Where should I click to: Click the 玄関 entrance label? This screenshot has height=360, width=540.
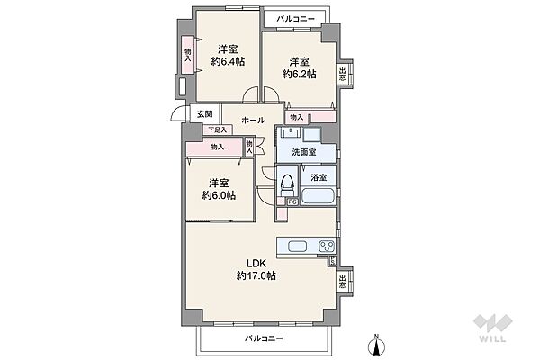(x=204, y=114)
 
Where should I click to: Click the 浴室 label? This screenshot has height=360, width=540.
(x=319, y=177)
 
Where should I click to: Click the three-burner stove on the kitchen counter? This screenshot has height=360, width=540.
(x=324, y=247)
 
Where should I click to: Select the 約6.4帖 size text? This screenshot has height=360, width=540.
(x=224, y=62)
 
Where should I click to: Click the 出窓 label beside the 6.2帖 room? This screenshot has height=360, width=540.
(x=344, y=76)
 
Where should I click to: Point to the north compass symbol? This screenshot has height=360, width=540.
(x=377, y=343)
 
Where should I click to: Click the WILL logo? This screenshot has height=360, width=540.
(x=493, y=331)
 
